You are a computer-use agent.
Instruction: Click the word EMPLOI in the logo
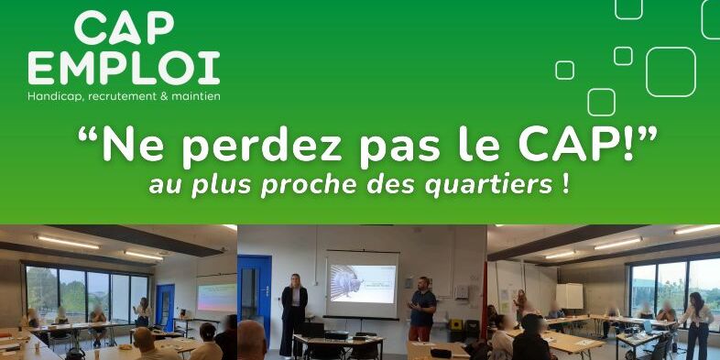tap(124, 68)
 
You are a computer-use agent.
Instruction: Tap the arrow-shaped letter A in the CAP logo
tap(125, 28)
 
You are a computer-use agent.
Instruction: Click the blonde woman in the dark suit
tap(293, 315)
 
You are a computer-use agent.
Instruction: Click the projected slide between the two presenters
tap(363, 284)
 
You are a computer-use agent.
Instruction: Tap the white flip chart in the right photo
tap(570, 296)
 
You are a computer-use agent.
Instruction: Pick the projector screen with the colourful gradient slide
tap(217, 297)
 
